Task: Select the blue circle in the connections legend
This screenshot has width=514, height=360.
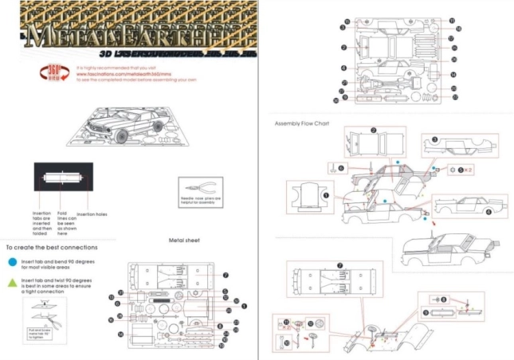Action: coord(11,260)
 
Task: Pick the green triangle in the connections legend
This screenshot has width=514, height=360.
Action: coord(11,282)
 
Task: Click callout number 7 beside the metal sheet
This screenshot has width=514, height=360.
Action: coord(226,275)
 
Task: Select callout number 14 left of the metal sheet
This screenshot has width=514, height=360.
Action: coord(120,335)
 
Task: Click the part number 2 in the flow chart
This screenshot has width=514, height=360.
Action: coord(373,129)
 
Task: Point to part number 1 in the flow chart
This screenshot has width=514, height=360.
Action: coord(325,194)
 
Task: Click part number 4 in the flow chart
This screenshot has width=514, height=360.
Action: coord(487,211)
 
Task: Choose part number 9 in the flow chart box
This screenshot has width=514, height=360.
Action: coord(443,299)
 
